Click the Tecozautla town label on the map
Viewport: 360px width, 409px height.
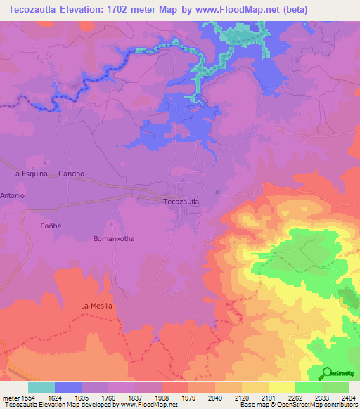click(181, 202)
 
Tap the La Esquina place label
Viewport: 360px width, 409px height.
click(30, 173)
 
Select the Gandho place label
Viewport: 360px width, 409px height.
click(71, 173)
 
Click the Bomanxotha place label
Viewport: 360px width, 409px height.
click(113, 238)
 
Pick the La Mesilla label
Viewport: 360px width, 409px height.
click(96, 306)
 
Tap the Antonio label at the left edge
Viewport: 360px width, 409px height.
click(13, 195)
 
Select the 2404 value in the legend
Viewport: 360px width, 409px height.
click(348, 397)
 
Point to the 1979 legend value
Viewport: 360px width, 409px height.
click(188, 397)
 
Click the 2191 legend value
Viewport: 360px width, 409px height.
click(268, 397)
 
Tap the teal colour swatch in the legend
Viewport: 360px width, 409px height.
click(41, 387)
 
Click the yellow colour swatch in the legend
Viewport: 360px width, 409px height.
click(281, 387)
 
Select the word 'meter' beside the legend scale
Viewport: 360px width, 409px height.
click(7, 397)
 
